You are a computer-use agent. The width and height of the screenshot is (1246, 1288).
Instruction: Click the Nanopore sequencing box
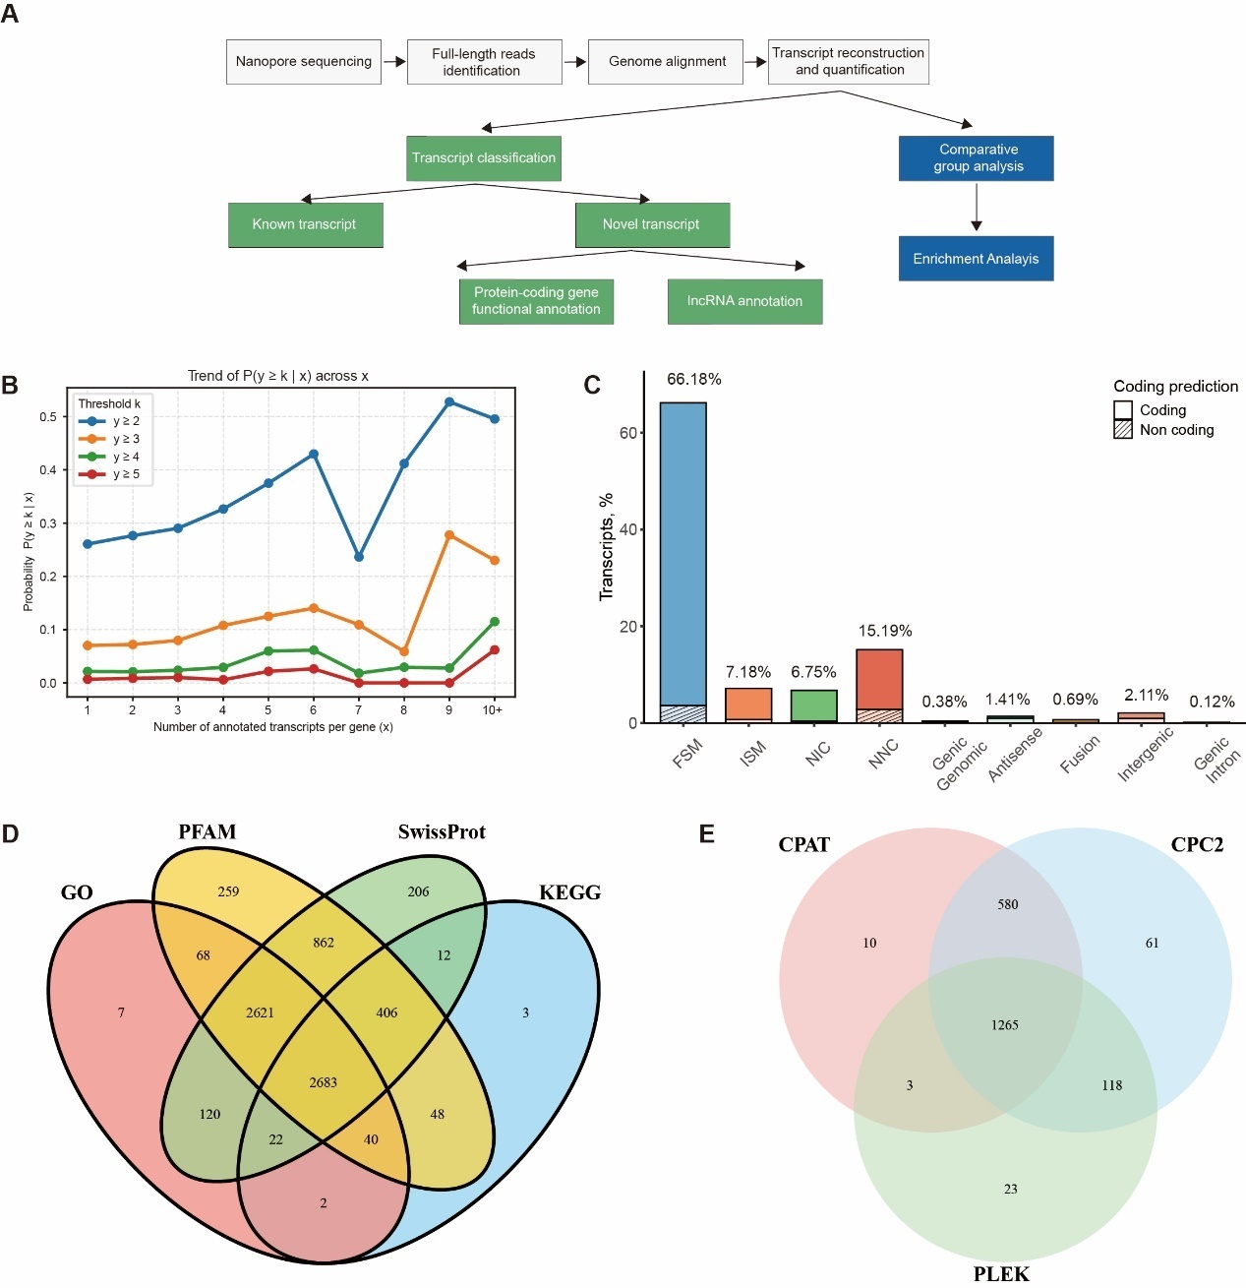tap(303, 61)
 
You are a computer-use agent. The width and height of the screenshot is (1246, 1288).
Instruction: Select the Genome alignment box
tap(666, 61)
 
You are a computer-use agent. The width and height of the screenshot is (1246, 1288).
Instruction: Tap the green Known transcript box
tap(305, 224)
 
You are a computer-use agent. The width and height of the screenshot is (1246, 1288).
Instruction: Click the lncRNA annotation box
tap(744, 301)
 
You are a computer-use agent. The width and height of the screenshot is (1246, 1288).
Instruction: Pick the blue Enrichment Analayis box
tap(976, 259)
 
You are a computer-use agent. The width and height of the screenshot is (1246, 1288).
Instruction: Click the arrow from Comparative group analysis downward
tap(976, 208)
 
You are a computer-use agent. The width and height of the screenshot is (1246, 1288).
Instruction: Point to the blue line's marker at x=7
tap(359, 557)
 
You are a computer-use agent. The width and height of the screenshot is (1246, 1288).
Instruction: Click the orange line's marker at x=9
tap(449, 535)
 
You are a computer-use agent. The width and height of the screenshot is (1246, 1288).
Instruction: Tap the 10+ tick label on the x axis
tap(493, 709)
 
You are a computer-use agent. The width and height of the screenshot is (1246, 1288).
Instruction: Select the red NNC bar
tap(879, 685)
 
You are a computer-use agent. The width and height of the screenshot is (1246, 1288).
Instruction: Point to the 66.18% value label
tap(694, 379)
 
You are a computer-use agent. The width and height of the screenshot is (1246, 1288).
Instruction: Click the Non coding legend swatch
tap(1123, 430)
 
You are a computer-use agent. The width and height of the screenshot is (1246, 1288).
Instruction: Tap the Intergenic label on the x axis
tap(1145, 756)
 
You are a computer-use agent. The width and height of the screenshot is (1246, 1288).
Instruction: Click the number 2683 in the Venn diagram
tap(323, 1082)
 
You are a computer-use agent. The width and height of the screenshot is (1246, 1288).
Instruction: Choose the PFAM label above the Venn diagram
tap(207, 832)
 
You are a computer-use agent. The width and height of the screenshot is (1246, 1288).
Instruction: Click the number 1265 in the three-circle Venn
tap(1004, 1025)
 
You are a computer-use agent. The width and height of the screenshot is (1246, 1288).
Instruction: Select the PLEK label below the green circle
tap(1001, 1274)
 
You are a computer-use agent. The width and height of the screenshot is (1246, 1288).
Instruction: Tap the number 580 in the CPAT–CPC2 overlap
tap(1007, 904)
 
